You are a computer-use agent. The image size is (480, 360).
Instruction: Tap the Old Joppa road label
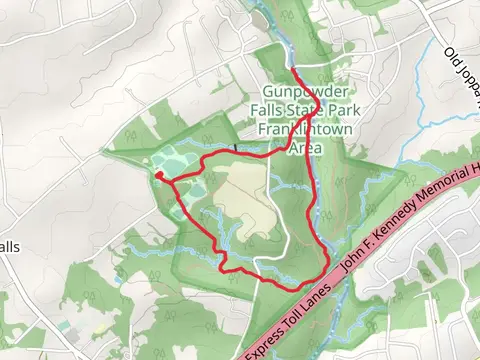460,62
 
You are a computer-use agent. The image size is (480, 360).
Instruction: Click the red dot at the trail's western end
158,175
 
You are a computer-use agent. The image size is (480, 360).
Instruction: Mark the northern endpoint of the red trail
293,69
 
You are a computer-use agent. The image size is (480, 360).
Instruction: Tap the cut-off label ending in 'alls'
10,247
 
